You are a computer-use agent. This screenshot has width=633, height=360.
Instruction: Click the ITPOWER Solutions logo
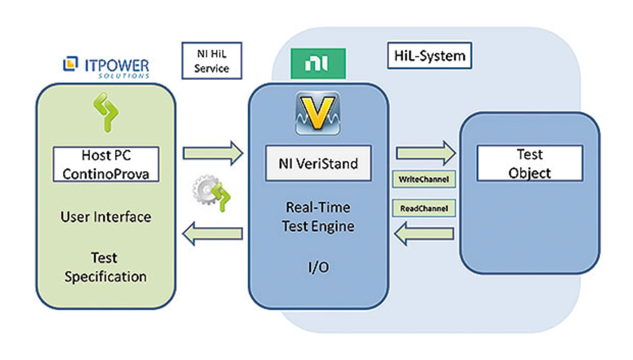coord(106,68)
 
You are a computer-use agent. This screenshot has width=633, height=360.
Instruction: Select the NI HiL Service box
coord(212,61)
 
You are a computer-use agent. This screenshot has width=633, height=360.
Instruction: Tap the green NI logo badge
coord(318,64)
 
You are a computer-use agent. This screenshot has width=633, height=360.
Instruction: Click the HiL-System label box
coord(429,56)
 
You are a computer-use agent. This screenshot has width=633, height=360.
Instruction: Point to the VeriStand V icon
coord(317,113)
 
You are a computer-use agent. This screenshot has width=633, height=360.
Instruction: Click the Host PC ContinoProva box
coord(105,164)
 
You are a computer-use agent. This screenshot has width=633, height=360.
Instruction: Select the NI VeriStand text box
coord(318,163)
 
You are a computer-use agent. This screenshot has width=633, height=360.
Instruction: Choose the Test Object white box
coord(530,164)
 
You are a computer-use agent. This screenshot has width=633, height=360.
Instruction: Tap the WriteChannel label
coord(424,180)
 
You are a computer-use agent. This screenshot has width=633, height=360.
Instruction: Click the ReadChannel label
coord(424,209)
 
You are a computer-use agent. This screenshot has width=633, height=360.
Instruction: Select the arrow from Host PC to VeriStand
coord(213,153)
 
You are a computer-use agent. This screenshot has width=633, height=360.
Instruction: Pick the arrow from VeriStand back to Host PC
coord(213,233)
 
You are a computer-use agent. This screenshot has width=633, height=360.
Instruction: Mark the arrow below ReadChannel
coord(424,233)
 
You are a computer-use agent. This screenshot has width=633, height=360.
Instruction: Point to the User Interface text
coord(105,217)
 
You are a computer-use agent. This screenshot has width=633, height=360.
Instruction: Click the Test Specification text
coord(105,267)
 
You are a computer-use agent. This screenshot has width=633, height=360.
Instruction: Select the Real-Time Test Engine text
coord(318,216)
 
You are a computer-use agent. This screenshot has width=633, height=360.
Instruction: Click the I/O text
coord(318,267)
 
